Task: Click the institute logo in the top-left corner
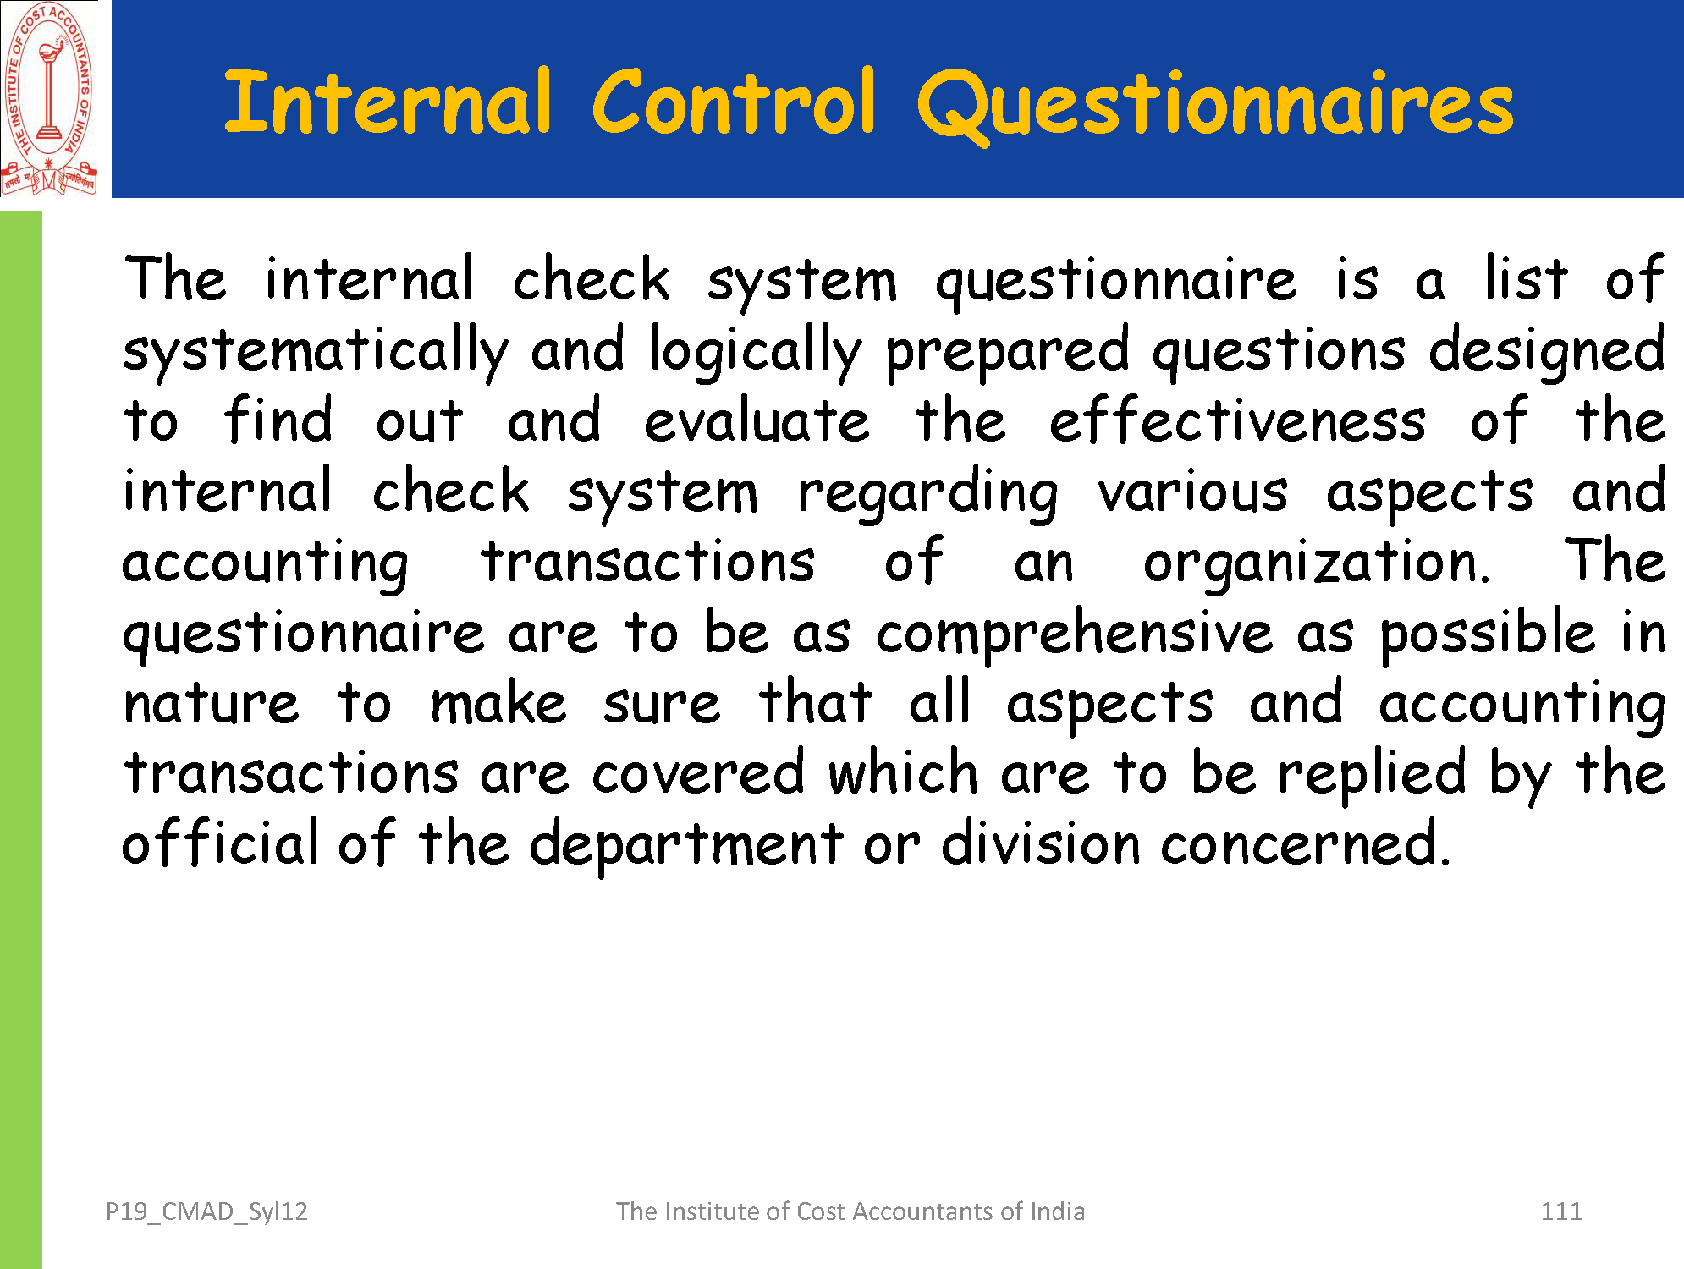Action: (50, 99)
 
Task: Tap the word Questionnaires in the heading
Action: (1216, 107)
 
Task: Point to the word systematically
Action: (316, 351)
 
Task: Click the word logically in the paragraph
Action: (756, 351)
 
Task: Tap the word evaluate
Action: (757, 420)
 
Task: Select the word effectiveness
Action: (1237, 420)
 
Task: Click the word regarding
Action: (927, 492)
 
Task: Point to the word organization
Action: (1317, 563)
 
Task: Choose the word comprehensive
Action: (1074, 634)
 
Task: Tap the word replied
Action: (1372, 774)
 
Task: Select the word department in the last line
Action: (686, 844)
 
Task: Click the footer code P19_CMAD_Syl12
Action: (206, 1211)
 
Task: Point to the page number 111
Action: (1561, 1211)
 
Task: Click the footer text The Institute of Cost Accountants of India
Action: (850, 1211)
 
